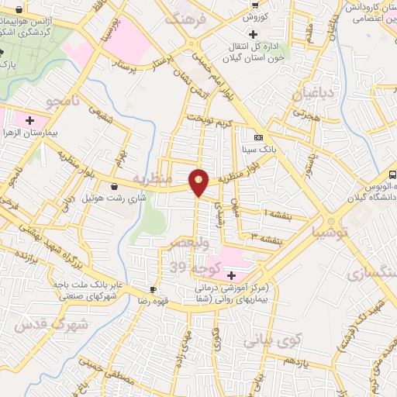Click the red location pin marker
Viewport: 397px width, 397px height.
click(199, 181)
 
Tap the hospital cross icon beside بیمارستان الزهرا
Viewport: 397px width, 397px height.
click(29, 121)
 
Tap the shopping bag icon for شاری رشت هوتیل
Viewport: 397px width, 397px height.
click(115, 186)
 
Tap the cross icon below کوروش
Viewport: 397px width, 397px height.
click(253, 33)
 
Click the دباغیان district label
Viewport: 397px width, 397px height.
click(311, 95)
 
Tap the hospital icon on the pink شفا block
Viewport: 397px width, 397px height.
click(230, 275)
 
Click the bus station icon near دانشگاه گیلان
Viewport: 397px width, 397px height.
click(392, 176)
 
